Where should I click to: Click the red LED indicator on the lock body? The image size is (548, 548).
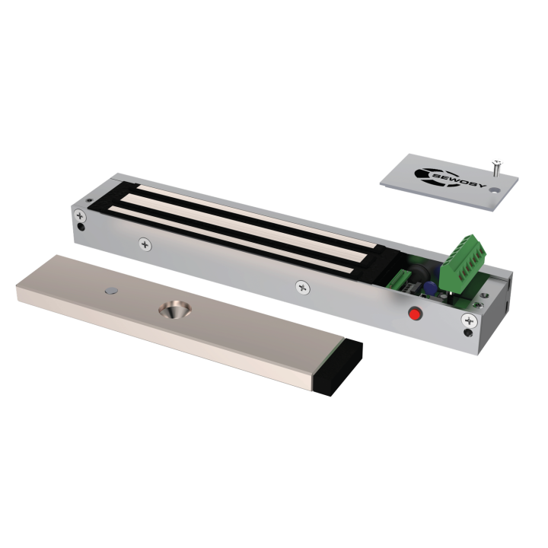tap(416, 314)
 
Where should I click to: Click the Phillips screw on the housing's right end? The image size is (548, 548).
tap(467, 320)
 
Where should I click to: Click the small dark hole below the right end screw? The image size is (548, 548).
tap(467, 333)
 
